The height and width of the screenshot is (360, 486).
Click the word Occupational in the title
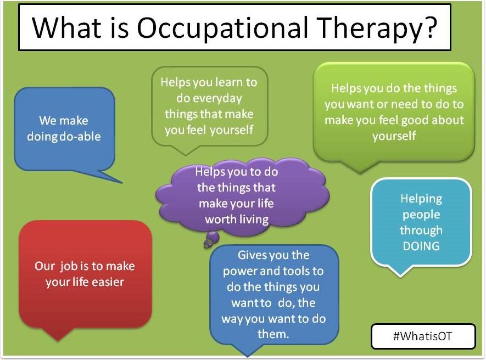[x=223, y=27]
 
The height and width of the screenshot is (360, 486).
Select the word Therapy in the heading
[x=367, y=29]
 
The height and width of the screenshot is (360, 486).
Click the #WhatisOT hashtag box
[x=423, y=336]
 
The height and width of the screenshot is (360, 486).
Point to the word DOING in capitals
[x=421, y=246]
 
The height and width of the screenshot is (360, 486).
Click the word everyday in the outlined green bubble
[x=209, y=99]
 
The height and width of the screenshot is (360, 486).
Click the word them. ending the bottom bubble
[x=273, y=334]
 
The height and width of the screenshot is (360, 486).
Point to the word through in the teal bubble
[x=421, y=230]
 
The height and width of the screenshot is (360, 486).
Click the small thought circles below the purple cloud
[x=211, y=239]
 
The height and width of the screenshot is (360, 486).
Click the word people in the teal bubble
[x=421, y=215]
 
